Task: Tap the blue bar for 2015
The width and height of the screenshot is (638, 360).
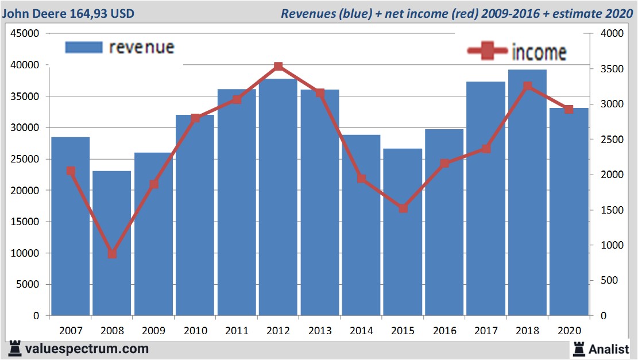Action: (403, 232)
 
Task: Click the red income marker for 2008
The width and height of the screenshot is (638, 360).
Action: (112, 254)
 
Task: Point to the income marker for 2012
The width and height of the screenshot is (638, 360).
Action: (278, 67)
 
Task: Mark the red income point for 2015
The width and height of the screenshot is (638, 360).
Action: (403, 208)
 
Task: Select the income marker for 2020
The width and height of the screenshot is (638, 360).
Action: (569, 109)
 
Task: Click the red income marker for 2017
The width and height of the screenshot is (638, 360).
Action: (486, 149)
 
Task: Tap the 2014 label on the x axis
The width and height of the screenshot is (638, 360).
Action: (361, 331)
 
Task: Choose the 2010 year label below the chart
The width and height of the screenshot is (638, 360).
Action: (195, 331)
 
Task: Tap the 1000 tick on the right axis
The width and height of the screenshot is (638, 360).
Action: (612, 245)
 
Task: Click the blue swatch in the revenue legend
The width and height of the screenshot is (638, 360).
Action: (84, 48)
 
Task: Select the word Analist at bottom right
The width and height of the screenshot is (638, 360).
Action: (609, 348)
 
